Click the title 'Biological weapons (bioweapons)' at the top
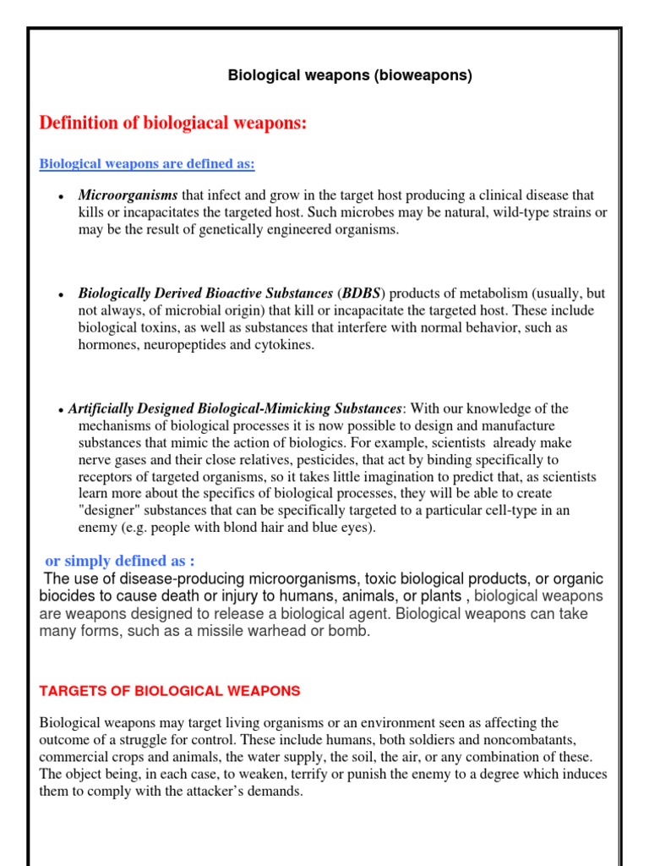tap(350, 76)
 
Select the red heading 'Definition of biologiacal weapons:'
tap(172, 123)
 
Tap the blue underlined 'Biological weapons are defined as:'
tap(147, 163)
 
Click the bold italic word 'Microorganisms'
tap(128, 195)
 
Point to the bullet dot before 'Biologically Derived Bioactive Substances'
tap(62, 295)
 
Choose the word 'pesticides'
tap(274, 459)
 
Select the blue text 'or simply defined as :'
tap(119, 562)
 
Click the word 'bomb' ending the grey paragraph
tap(350, 631)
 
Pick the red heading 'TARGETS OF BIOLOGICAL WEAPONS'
tap(170, 691)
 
